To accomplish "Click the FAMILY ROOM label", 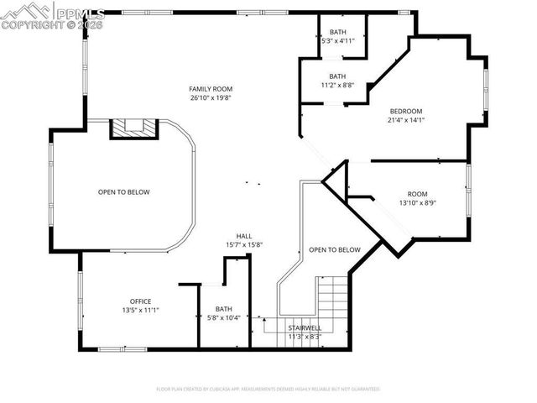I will coord(211,88).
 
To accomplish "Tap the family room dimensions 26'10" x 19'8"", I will coord(211,97).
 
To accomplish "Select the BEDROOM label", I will coord(405,111).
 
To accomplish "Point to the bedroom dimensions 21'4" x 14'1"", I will coord(405,120).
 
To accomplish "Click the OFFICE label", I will coord(140,301).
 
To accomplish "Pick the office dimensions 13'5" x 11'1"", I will coord(140,311).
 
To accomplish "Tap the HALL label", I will coord(244,236).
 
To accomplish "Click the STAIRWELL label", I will coord(305,327).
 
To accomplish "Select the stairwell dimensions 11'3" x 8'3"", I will coord(305,337).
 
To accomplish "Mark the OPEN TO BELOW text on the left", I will coord(124,192).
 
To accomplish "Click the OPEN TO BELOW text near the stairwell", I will coord(334,249).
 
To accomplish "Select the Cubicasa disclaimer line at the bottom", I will coord(268,389).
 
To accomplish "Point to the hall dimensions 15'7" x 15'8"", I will coord(244,245).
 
